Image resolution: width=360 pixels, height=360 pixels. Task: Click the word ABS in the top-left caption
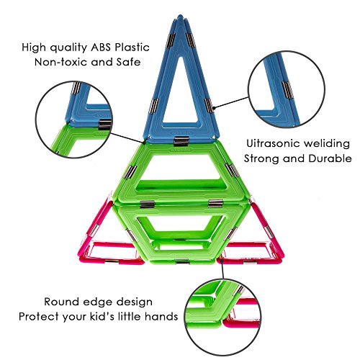101,48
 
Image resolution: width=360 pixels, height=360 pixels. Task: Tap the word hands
161,317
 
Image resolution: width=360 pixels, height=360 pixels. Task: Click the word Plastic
132,48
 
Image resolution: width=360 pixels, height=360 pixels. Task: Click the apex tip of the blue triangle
180,16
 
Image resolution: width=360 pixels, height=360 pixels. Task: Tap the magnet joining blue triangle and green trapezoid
181,141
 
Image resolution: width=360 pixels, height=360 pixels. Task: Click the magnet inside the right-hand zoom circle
287,90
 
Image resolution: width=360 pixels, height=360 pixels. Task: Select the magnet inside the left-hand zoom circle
105,125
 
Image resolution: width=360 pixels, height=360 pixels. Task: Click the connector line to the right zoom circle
231,102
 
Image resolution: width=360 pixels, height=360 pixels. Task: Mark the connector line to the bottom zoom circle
222,271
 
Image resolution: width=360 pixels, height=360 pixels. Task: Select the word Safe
128,62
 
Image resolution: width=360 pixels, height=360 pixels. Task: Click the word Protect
38,317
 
